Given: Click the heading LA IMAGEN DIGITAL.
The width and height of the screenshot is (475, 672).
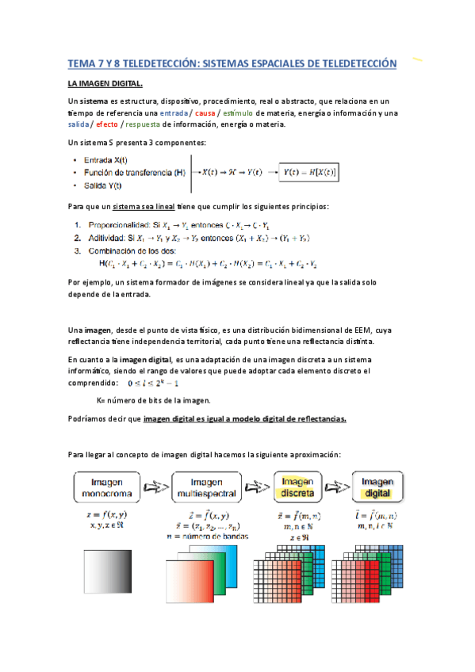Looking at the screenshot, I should (x=105, y=83).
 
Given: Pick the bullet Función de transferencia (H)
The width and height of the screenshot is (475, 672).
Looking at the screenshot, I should (x=134, y=172).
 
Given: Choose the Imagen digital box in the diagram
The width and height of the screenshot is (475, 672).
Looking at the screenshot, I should (x=377, y=486).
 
